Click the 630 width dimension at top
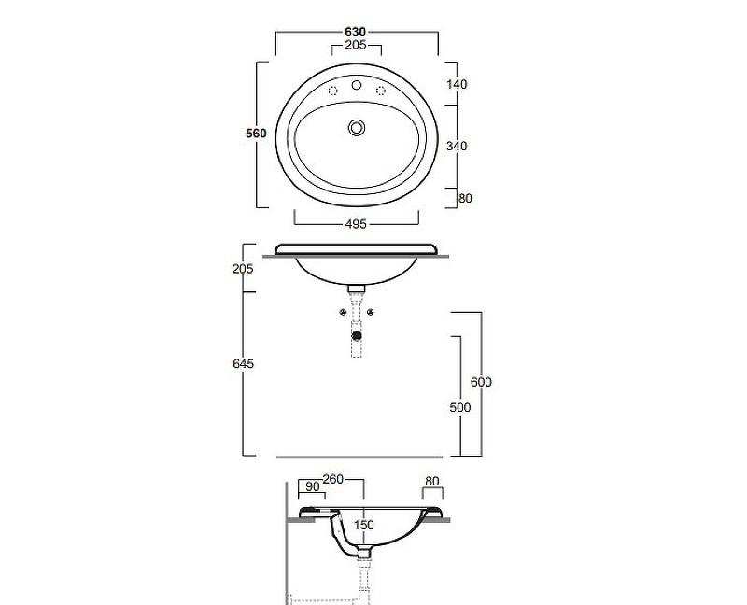click(356, 32)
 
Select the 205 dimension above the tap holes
click(356, 45)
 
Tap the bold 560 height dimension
click(256, 134)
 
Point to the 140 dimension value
click(456, 84)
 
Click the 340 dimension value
click(456, 146)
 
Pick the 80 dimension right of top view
click(464, 198)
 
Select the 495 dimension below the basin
click(356, 223)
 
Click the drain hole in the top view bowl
click(356, 126)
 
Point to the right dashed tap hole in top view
click(381, 91)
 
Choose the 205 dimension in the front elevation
click(244, 269)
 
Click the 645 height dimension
click(244, 362)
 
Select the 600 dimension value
click(481, 382)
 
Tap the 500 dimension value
click(460, 407)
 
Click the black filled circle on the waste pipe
click(357, 332)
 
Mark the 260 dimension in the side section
click(333, 479)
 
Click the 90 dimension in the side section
click(312, 485)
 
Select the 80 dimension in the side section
click(431, 482)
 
